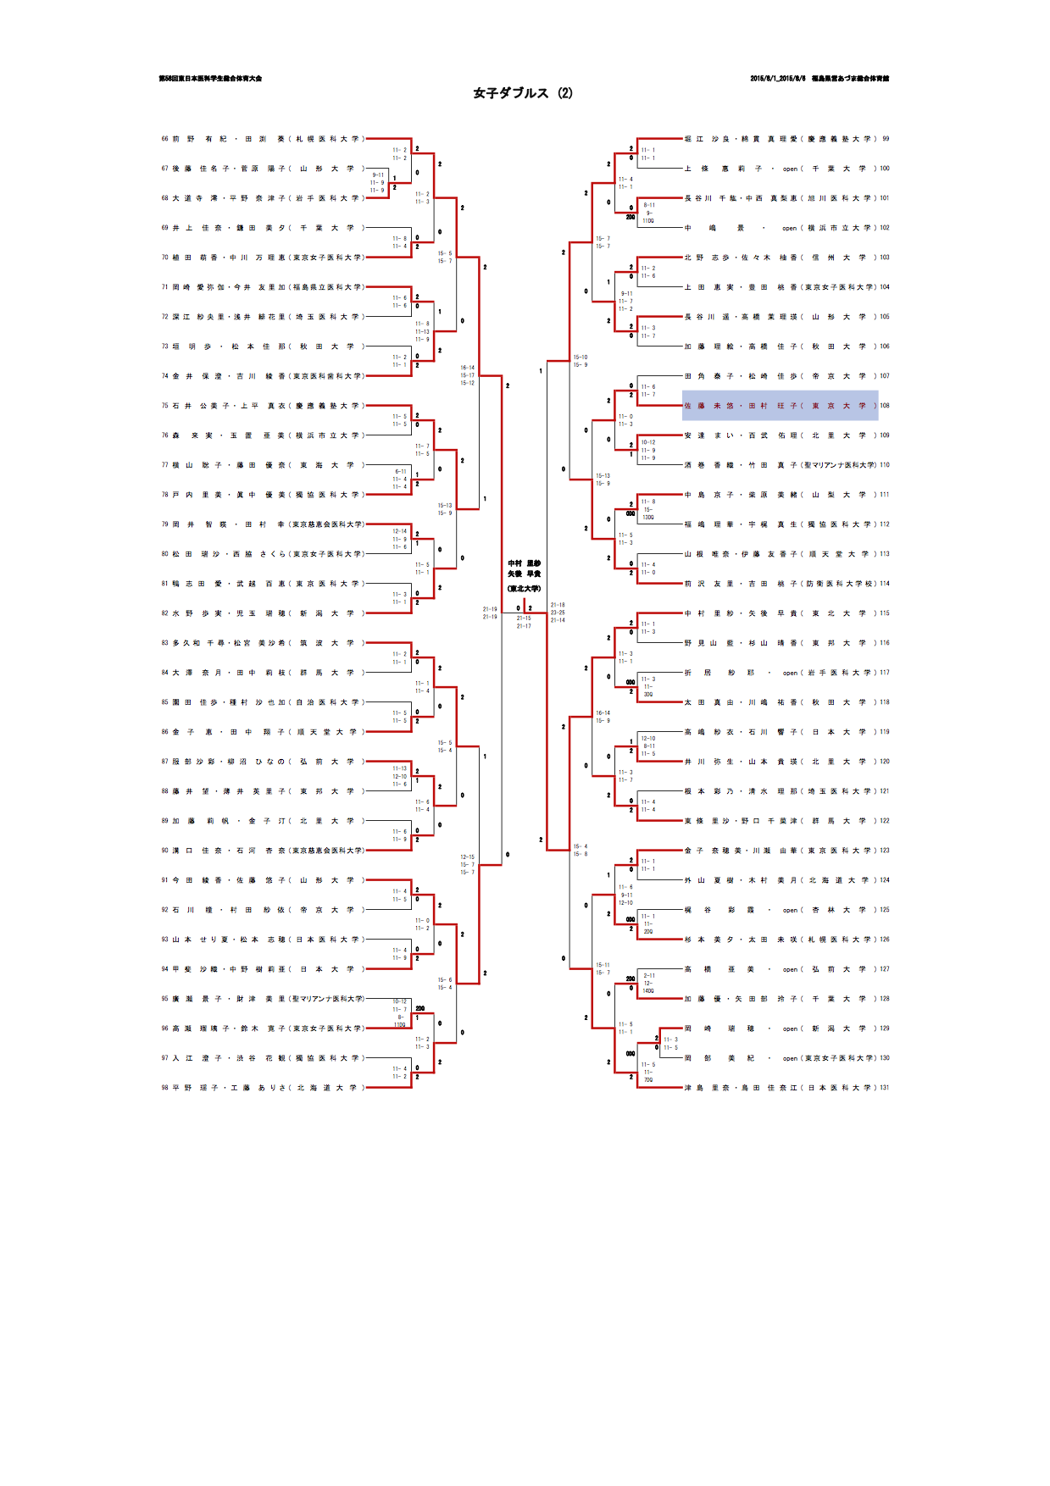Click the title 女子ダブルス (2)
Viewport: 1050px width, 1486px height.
pyautogui.click(x=523, y=93)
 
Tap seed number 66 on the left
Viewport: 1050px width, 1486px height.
pyautogui.click(x=164, y=139)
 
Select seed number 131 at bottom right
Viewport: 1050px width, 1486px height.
pyautogui.click(x=885, y=1088)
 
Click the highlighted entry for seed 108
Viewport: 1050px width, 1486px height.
pyautogui.click(x=780, y=406)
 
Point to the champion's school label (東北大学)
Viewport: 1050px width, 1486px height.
pyautogui.click(x=524, y=589)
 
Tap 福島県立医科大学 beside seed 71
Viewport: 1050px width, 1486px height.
pyautogui.click(x=327, y=287)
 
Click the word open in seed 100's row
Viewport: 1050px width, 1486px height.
pyautogui.click(x=790, y=169)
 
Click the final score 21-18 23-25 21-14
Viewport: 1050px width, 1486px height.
pyautogui.click(x=558, y=613)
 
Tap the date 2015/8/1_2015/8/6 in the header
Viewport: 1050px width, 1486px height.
pyautogui.click(x=776, y=79)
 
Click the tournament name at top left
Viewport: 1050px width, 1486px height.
pyautogui.click(x=210, y=79)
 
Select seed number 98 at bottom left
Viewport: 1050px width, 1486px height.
pyautogui.click(x=164, y=1088)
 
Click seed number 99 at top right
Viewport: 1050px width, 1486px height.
pyautogui.click(x=886, y=139)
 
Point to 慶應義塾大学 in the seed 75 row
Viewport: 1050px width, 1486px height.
pyautogui.click(x=327, y=406)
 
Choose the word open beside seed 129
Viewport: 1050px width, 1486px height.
pyautogui.click(x=790, y=1029)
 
